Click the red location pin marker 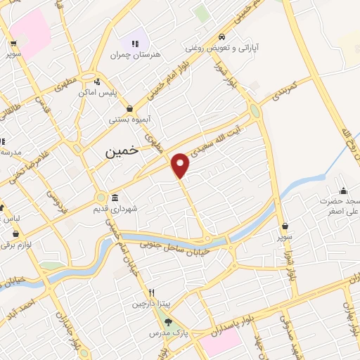point(181,164)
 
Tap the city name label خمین point(120,150)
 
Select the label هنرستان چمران point(134,54)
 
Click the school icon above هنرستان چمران point(134,44)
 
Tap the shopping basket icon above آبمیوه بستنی point(130,108)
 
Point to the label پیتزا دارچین point(150,304)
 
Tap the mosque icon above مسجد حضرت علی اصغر point(342,190)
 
